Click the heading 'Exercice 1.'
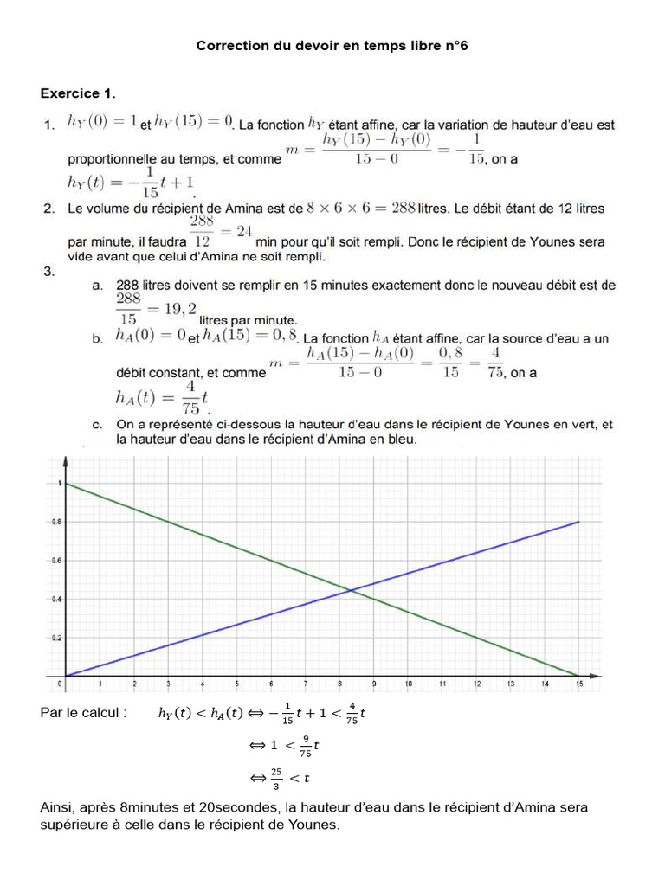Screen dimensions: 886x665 coord(78,93)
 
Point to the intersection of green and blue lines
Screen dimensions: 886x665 coord(350,590)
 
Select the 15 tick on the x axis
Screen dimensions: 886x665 coord(578,684)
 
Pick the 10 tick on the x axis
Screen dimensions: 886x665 coord(408,684)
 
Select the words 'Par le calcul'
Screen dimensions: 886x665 coord(84,713)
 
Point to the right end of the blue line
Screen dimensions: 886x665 coord(578,522)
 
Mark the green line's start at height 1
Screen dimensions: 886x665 coord(66,483)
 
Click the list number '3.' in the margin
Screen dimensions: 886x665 coord(49,271)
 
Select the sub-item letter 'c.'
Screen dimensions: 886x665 coord(98,425)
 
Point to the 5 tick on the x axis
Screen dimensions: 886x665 coord(236,684)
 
